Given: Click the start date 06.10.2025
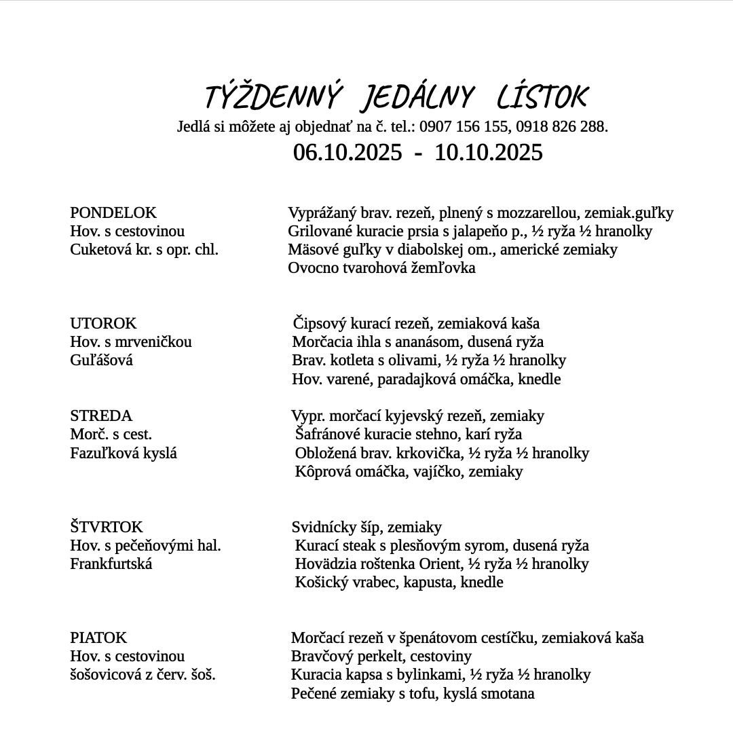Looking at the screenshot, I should (347, 152).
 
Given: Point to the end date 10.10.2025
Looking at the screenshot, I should (489, 152).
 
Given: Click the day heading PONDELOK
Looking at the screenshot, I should (113, 213).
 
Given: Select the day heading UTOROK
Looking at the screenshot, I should (103, 324).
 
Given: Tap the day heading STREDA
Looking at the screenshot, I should (101, 416).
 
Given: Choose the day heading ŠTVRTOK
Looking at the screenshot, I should (107, 528).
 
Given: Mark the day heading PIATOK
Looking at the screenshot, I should (98, 638).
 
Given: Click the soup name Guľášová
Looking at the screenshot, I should (102, 361).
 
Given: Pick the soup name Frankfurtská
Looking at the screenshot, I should (111, 564).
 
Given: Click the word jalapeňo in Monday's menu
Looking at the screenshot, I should (482, 232).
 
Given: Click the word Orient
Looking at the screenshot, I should (443, 564).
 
